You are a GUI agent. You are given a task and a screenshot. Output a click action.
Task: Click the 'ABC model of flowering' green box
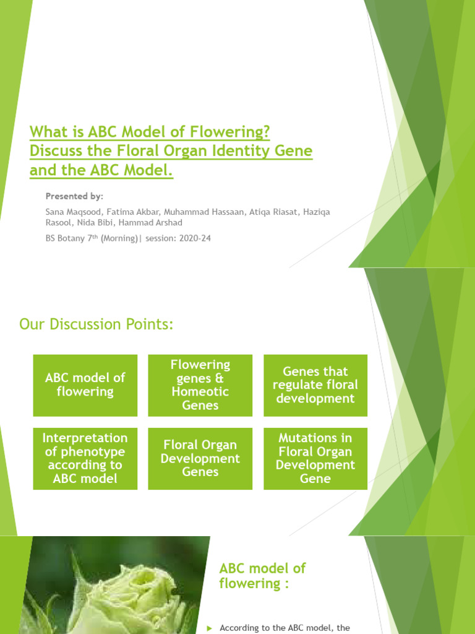pos(85,384)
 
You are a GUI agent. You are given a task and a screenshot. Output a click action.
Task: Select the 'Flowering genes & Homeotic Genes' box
pos(200,384)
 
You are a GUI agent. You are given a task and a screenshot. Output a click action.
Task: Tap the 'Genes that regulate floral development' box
pos(315,384)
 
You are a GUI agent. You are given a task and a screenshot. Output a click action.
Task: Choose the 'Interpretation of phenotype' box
pos(85,458)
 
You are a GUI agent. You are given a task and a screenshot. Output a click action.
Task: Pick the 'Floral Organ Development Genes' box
pos(200,458)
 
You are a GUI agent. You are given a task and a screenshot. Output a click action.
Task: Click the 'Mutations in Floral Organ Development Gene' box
pos(315,458)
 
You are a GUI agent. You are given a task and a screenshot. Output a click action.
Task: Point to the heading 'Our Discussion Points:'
pos(96,324)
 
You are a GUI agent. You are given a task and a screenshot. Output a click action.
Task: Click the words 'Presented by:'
pos(74,196)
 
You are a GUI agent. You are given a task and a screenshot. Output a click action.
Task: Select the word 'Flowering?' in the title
pos(231,132)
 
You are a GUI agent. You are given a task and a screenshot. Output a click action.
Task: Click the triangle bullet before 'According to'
pos(209,628)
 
